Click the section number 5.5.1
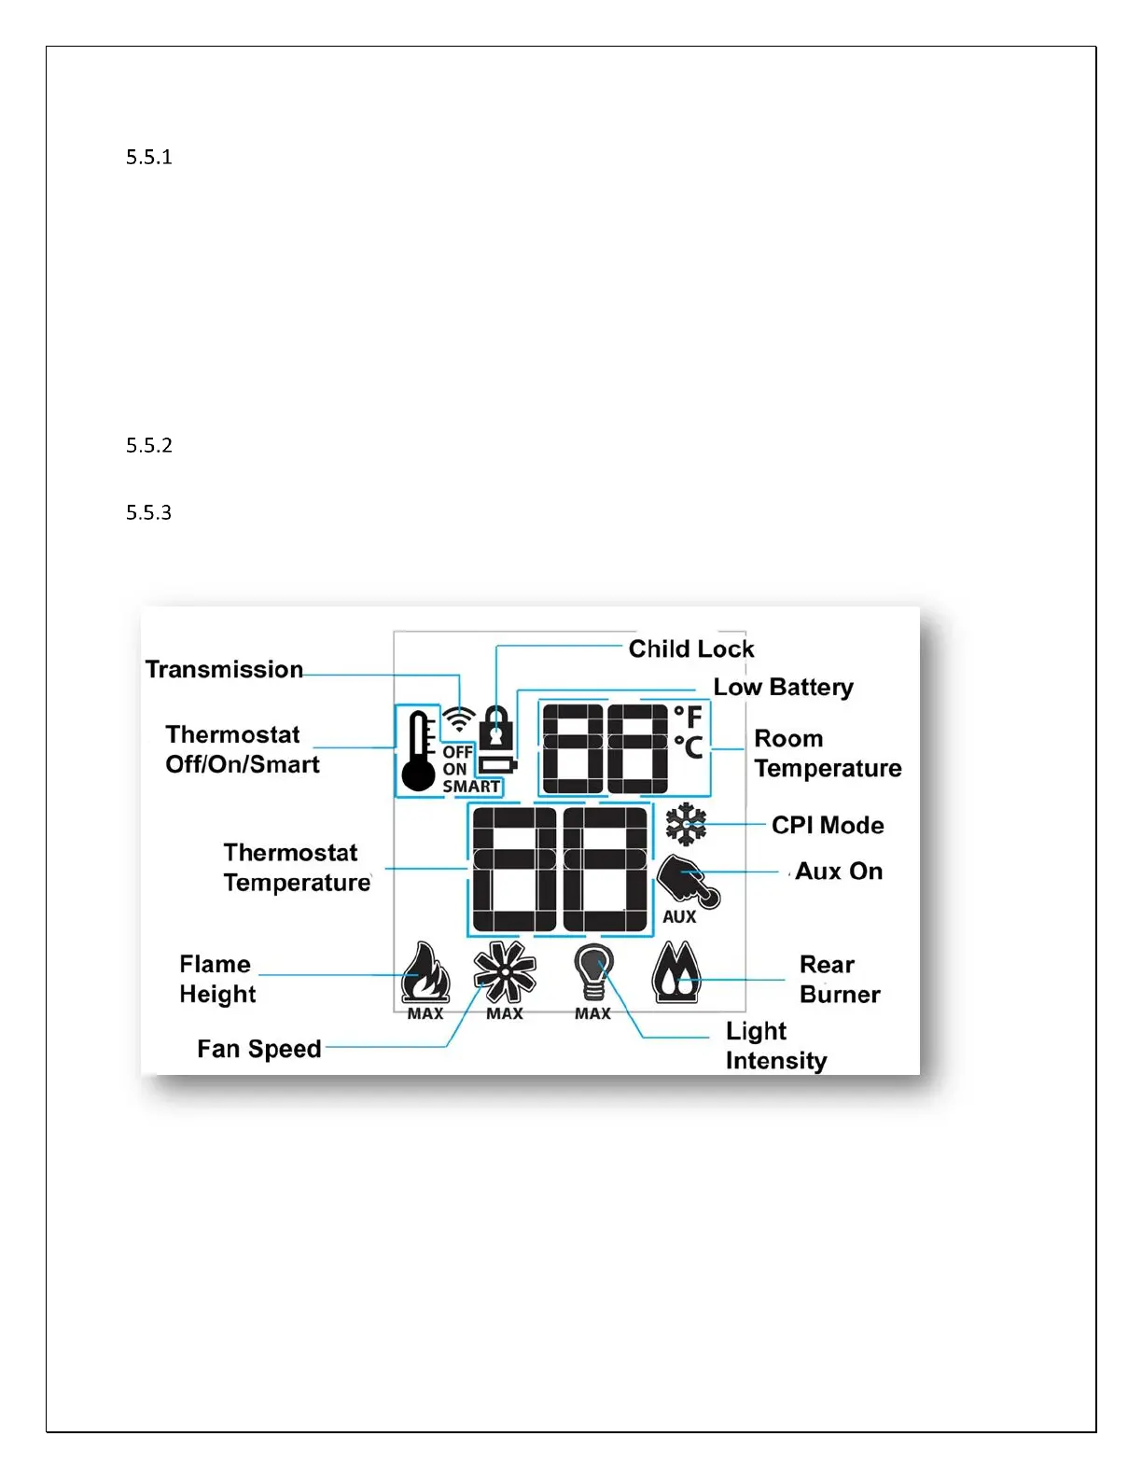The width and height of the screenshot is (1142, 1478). (149, 157)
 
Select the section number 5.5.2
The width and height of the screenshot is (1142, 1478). (149, 445)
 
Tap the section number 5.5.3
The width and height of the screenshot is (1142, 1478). (149, 512)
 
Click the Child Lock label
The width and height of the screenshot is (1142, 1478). (690, 648)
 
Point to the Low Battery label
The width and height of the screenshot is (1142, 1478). (783, 688)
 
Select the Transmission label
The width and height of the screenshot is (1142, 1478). (224, 669)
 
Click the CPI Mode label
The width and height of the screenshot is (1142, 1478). (828, 825)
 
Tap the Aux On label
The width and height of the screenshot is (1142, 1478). (839, 871)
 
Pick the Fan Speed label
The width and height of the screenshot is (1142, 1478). (258, 1049)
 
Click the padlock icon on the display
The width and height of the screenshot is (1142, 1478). (495, 726)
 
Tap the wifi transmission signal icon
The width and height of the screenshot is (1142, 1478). (458, 718)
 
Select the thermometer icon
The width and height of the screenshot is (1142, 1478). (419, 751)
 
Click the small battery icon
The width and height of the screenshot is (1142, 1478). (497, 766)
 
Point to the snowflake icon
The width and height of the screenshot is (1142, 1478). (686, 824)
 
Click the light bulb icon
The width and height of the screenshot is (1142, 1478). (593, 972)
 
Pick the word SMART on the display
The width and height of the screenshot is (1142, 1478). (471, 787)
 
